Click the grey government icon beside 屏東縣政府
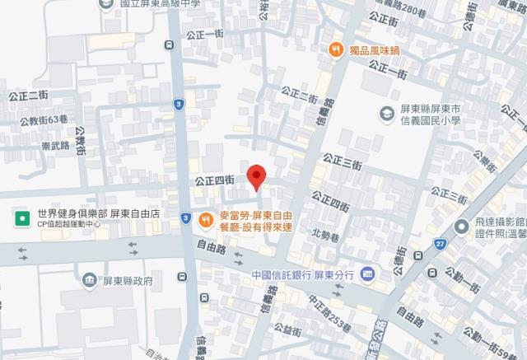point(88,280)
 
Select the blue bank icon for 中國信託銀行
point(367,274)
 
